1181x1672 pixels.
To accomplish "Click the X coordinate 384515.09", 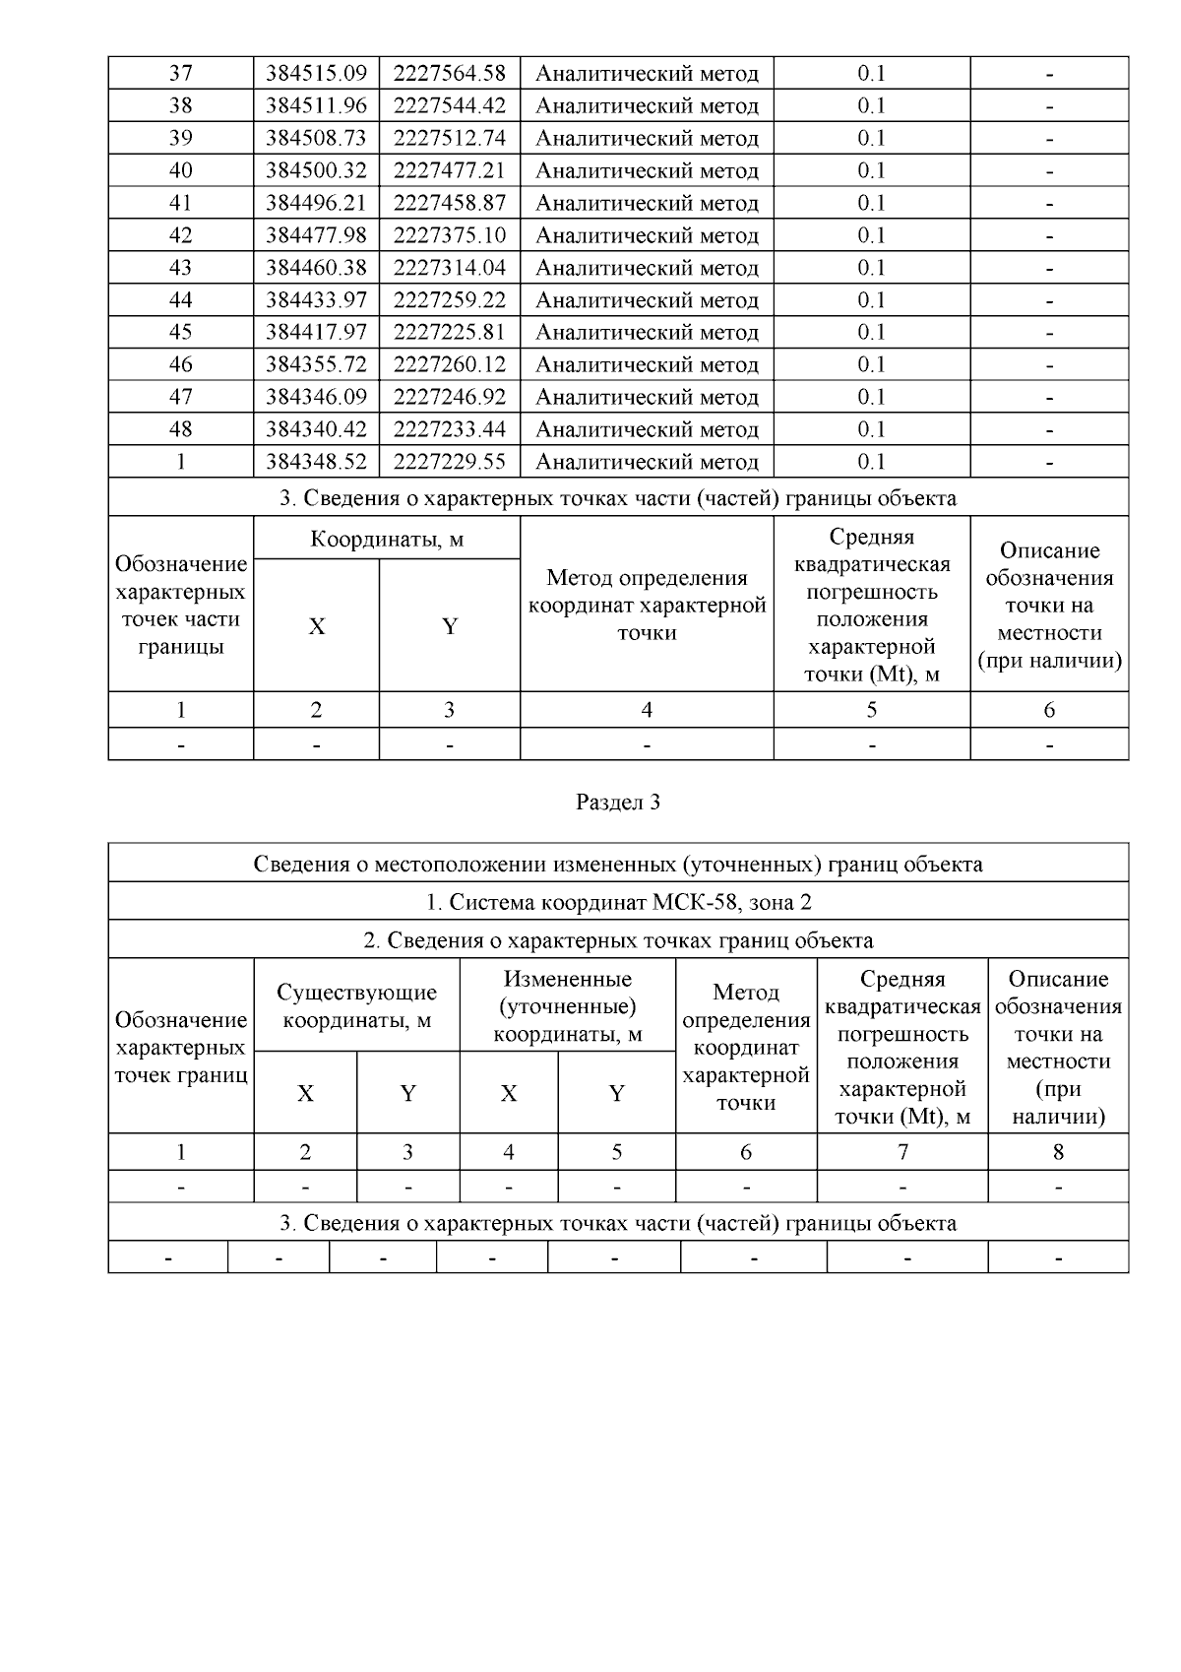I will click(x=316, y=73).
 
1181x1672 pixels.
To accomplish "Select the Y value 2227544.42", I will click(x=449, y=105).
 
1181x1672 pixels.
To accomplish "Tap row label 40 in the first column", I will click(x=180, y=170).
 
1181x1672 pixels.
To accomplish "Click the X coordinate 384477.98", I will click(x=316, y=235).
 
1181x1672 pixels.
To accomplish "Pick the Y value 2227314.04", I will click(x=449, y=268).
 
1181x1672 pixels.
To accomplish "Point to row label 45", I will click(x=180, y=332).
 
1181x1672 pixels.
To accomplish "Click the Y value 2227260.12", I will click(x=449, y=364).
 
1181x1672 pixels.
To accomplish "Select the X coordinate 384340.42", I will click(x=316, y=429).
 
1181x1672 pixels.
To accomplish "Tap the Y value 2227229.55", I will click(x=449, y=462).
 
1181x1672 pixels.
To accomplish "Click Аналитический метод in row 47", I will click(x=647, y=397).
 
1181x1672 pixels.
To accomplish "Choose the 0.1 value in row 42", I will click(x=871, y=235).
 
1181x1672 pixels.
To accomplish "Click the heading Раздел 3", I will click(x=617, y=803).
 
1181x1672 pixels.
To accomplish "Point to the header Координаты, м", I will click(x=387, y=540).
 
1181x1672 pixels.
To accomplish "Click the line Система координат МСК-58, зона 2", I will click(x=617, y=902).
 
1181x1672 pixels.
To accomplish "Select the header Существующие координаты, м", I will click(x=356, y=1005).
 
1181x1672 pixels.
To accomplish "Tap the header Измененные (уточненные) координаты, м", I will click(x=567, y=1006).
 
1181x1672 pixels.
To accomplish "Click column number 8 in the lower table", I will click(x=1058, y=1152).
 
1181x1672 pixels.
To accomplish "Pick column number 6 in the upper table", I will click(x=1049, y=710).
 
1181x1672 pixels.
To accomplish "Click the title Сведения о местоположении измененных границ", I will click(x=617, y=865).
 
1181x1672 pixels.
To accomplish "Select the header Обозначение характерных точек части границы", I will click(x=180, y=606).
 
